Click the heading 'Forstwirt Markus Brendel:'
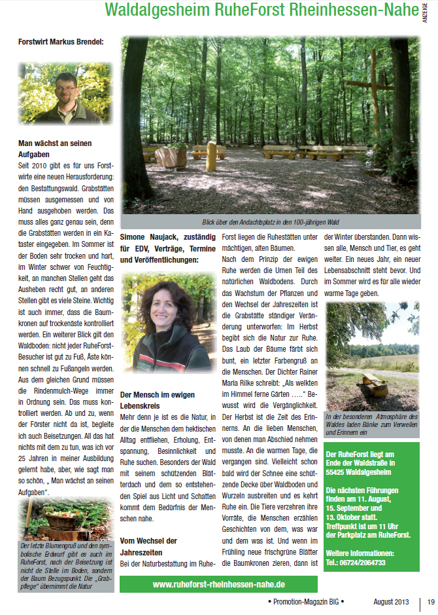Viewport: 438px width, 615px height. [61, 43]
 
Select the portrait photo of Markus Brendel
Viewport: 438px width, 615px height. [65, 92]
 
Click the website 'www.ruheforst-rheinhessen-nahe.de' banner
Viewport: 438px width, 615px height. [218, 584]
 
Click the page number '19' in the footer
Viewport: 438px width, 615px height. [431, 601]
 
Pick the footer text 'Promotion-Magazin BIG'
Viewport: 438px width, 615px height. [305, 601]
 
